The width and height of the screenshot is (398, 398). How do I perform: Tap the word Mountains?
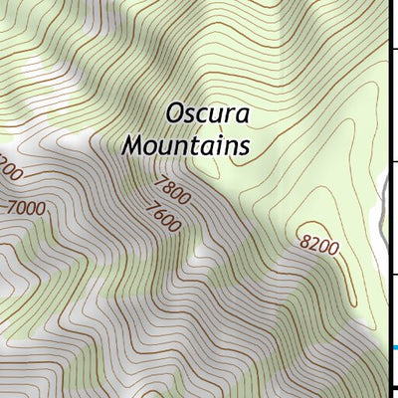tap(185, 145)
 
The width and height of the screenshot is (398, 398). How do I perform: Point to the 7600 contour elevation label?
tap(162, 217)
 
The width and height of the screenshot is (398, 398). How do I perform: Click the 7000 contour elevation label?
tap(25, 208)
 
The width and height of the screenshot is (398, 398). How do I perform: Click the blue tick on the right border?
tap(394, 347)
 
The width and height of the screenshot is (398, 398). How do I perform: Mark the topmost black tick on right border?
tap(394, 47)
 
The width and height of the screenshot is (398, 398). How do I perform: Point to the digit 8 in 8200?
tap(303, 235)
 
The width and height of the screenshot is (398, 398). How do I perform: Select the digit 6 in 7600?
tap(157, 213)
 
